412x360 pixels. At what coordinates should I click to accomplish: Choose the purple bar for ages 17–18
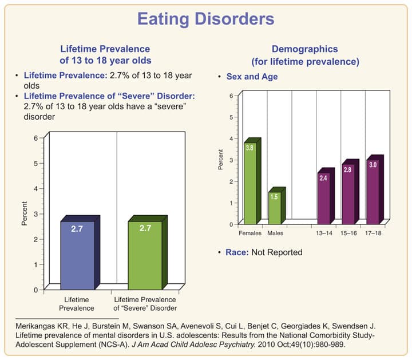372,192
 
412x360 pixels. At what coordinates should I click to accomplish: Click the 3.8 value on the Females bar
249,148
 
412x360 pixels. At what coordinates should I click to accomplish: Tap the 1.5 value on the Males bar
274,197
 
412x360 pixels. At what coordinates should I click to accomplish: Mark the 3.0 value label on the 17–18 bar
372,165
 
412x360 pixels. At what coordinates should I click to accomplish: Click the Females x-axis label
249,234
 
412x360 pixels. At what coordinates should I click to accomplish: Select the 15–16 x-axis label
348,234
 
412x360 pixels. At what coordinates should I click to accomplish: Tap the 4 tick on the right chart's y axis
231,139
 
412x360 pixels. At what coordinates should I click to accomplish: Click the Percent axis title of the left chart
24,213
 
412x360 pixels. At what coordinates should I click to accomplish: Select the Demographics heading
305,50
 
